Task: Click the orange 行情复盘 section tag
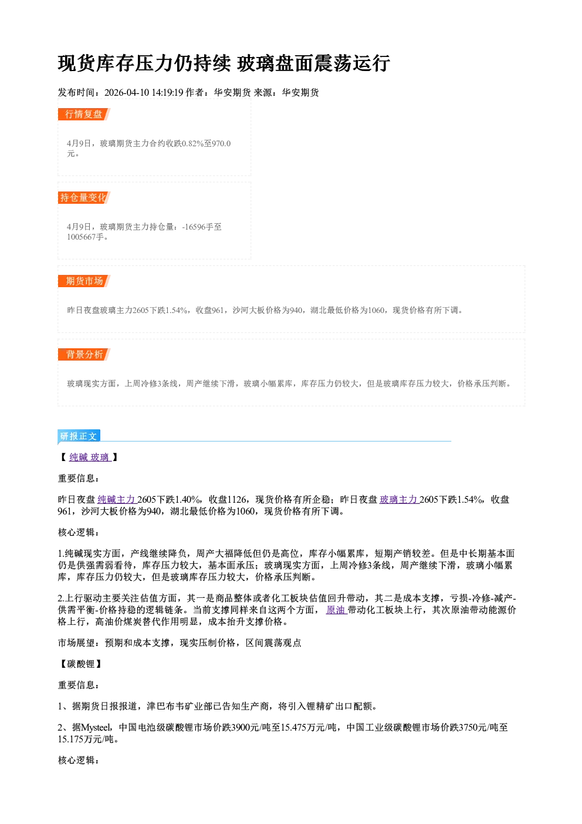click(x=84, y=114)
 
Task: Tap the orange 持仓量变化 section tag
click(x=84, y=197)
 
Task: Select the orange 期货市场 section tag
click(x=84, y=281)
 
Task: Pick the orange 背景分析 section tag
click(x=84, y=354)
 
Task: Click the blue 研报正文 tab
click(x=79, y=436)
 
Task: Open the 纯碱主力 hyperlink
click(x=117, y=499)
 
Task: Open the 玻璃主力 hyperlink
click(x=399, y=499)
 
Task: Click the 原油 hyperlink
click(x=336, y=610)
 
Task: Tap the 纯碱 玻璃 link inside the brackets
click(x=90, y=458)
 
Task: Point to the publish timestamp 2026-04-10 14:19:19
click(x=144, y=92)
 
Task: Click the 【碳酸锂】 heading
click(x=80, y=664)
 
